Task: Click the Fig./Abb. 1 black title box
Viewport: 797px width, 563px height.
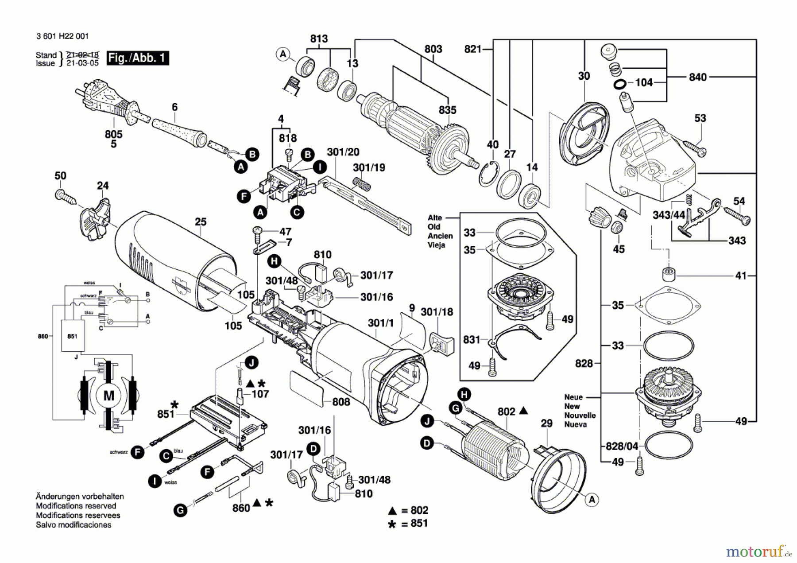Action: (138, 58)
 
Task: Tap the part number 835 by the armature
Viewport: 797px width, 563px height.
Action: (448, 110)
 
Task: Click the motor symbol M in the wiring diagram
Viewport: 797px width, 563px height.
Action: (108, 396)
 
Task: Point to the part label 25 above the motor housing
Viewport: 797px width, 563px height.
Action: (201, 221)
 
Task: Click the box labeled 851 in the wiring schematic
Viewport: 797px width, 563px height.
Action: (72, 336)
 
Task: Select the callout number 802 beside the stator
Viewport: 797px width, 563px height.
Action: (506, 412)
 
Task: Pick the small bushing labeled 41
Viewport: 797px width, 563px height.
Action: (668, 274)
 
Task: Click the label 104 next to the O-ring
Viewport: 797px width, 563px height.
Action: (643, 82)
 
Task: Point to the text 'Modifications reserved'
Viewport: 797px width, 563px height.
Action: (76, 506)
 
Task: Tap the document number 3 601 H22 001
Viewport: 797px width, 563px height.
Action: (62, 36)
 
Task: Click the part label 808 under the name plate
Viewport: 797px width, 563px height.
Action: (341, 402)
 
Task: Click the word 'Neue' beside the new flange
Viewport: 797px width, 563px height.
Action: (573, 397)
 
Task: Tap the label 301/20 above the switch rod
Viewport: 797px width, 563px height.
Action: (343, 152)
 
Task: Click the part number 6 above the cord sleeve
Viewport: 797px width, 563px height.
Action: (174, 107)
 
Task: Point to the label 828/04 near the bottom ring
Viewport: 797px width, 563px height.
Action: (622, 446)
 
